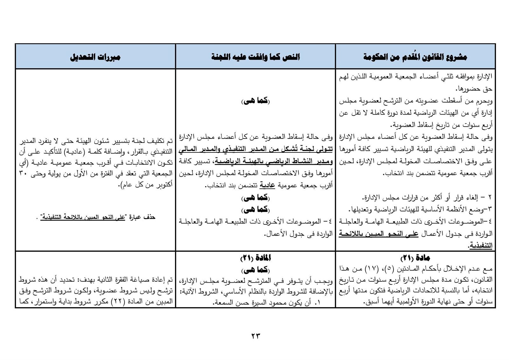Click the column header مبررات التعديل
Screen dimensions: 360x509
pos(95,57)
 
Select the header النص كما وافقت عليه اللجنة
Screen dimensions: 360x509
pos(255,57)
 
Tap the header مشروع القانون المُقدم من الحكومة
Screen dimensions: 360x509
pos(415,57)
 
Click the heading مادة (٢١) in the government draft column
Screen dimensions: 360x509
pos(415,258)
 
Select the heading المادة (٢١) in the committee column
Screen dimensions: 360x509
pos(255,258)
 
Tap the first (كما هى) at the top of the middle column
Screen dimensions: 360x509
pos(255,101)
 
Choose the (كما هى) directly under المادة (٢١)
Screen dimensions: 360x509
pos(255,270)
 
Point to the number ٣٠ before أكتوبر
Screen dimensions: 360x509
pos(168,173)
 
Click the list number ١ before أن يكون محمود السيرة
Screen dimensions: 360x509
pos(317,303)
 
